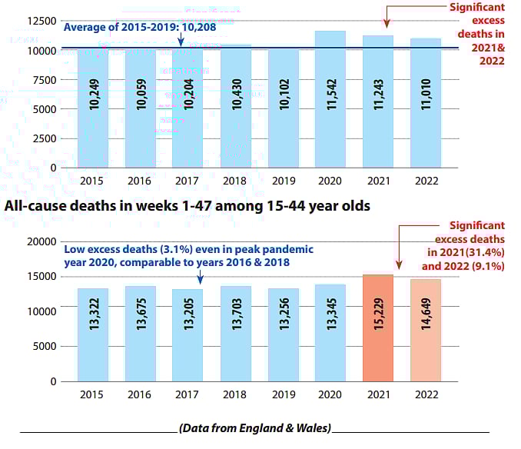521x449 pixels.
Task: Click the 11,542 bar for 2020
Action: click(x=330, y=100)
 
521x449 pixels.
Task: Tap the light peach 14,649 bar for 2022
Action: click(x=425, y=331)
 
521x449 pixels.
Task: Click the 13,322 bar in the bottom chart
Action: click(x=93, y=335)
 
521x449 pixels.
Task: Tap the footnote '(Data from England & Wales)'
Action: click(x=255, y=428)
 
